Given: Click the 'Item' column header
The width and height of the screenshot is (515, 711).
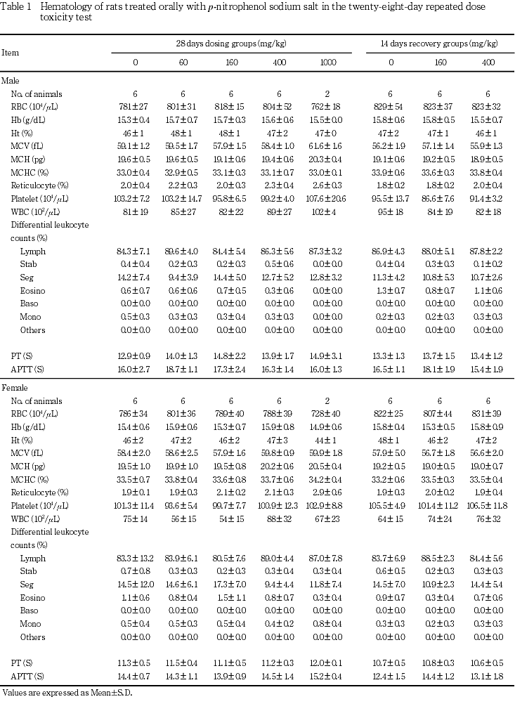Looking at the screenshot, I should pos(11,52).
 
